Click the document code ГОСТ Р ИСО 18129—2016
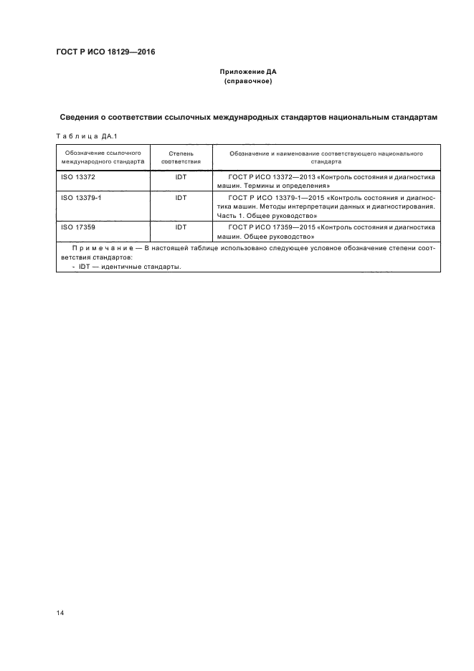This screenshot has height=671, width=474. click(x=105, y=52)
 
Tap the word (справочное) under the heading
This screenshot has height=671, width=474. click(x=247, y=82)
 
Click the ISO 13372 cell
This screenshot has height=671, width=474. click(x=78, y=176)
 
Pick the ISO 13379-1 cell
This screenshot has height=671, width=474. click(x=81, y=196)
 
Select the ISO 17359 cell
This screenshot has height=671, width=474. click(x=78, y=227)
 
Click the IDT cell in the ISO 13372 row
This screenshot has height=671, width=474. click(x=181, y=176)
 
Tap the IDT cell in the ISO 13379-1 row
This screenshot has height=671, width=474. click(x=181, y=196)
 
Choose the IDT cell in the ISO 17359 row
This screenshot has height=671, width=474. click(x=181, y=227)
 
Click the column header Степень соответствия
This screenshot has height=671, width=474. click(x=181, y=158)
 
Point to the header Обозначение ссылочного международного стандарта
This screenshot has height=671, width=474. click(x=103, y=158)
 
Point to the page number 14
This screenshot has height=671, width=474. click(x=60, y=614)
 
